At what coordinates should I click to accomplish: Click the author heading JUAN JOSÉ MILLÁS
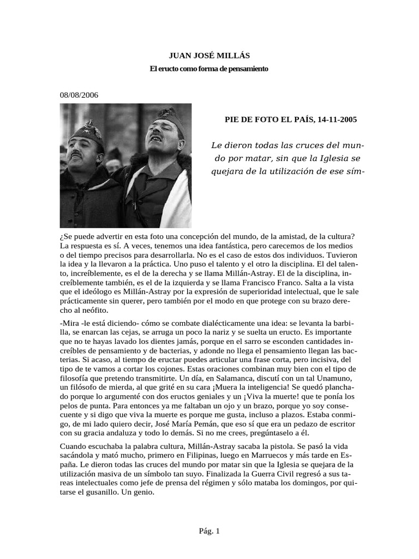tap(209, 56)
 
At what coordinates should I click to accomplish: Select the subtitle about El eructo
tap(209, 69)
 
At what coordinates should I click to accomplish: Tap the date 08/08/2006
tap(79, 94)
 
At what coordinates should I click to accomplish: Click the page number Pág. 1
tap(209, 530)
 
